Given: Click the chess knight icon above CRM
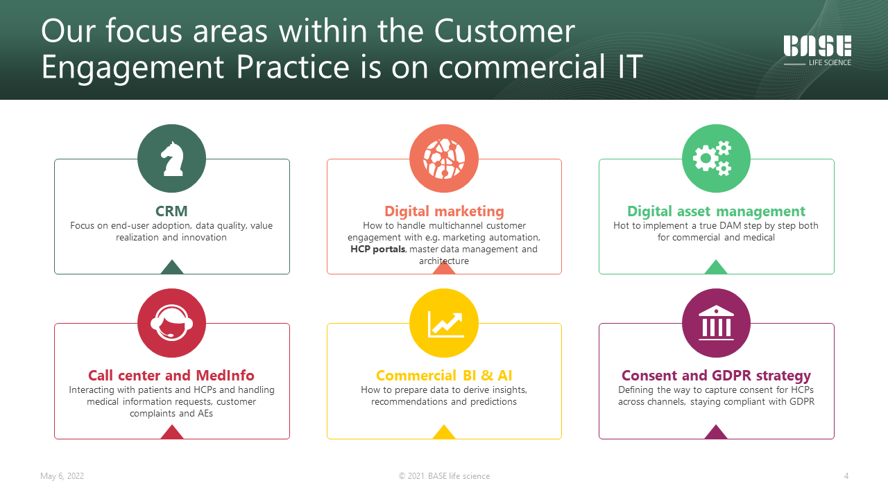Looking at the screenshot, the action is tap(172, 159).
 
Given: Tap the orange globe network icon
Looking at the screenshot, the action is tap(444, 159).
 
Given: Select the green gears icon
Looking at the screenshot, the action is tap(712, 158).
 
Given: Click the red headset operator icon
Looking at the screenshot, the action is tap(171, 322).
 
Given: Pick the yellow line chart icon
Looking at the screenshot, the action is tap(445, 324).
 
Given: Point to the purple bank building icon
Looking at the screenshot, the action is tap(716, 323).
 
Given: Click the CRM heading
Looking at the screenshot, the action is tap(171, 211).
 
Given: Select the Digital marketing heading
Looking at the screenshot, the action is tap(444, 211).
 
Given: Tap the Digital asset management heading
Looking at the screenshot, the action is tap(716, 211).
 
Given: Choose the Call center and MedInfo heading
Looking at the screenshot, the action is tap(171, 375).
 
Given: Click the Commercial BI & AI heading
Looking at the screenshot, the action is tap(444, 375).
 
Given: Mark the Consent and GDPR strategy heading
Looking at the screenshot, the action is tap(716, 376).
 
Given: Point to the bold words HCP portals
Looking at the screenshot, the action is tap(378, 249).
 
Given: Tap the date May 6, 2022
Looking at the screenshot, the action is tap(62, 476).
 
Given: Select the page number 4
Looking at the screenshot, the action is tap(846, 476).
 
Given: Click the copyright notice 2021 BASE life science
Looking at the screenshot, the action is tap(444, 476).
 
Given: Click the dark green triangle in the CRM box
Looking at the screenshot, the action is tap(172, 268).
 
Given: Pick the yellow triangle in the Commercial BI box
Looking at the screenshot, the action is tap(444, 432).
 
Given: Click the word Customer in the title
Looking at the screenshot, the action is tap(504, 31).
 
